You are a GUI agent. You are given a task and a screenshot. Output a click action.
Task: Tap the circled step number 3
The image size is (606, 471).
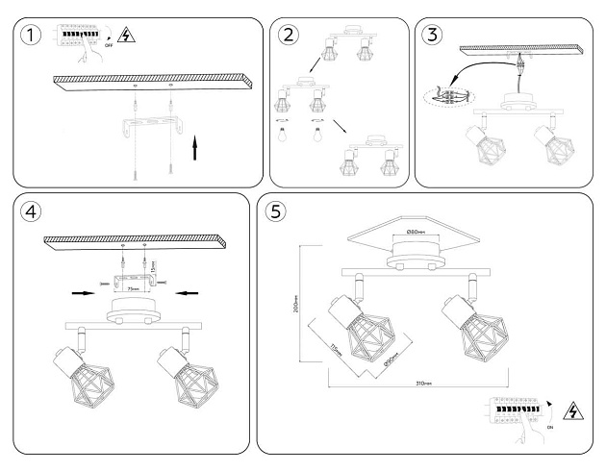[432, 36]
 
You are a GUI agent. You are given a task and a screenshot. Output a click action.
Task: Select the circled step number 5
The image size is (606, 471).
[277, 211]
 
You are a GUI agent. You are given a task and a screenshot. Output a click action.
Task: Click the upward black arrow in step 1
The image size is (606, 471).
[197, 150]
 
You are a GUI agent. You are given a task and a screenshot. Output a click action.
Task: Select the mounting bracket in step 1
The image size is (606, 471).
[153, 126]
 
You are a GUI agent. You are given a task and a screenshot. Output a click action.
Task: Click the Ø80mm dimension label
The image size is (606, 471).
[416, 232]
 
